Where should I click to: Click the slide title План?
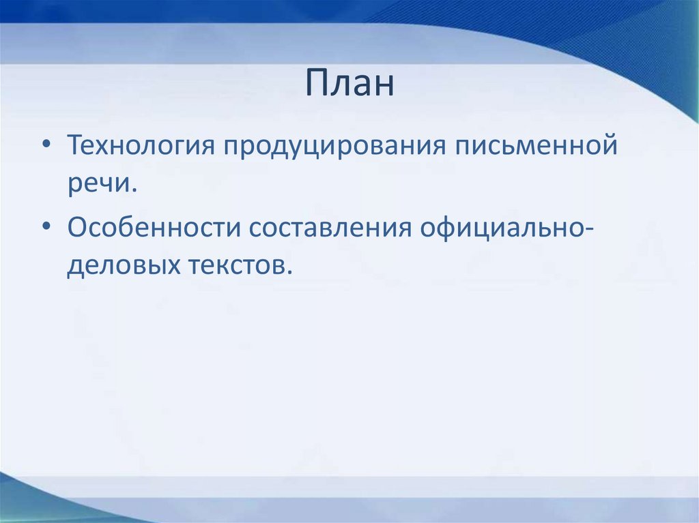350,83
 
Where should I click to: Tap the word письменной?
536,145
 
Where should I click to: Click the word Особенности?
154,228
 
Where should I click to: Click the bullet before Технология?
46,145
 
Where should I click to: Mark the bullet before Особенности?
46,227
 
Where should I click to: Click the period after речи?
132,190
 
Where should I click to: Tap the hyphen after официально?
588,229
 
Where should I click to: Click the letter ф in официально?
451,228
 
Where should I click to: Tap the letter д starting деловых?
75,268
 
